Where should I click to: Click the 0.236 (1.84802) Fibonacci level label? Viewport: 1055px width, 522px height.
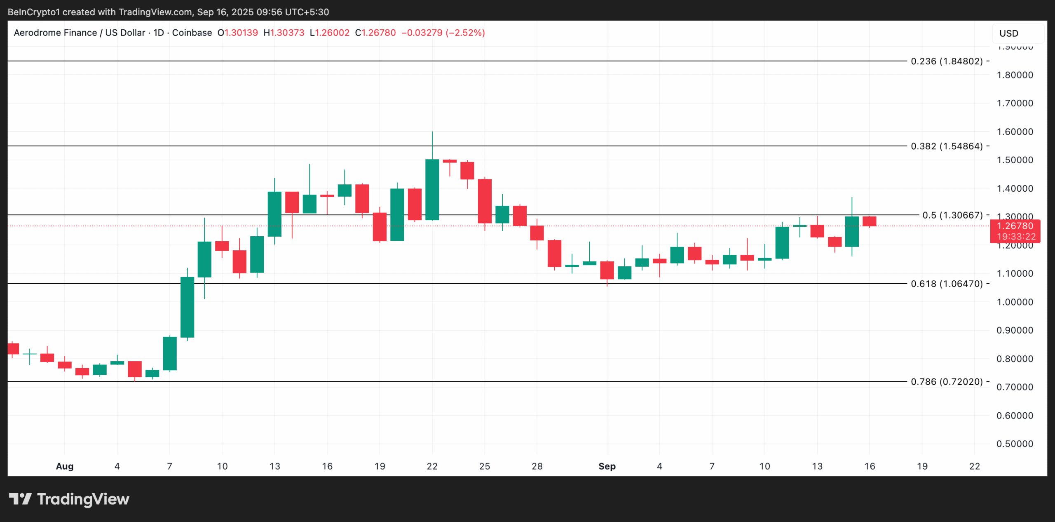(x=947, y=61)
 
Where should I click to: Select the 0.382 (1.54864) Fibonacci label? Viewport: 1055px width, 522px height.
(x=947, y=146)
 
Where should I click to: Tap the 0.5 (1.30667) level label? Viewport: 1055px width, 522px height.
(x=952, y=215)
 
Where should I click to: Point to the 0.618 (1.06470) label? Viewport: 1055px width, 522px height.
(x=947, y=284)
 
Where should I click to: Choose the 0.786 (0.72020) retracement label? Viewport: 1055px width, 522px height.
(x=947, y=382)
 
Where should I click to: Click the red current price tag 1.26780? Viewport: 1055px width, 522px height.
(x=1015, y=226)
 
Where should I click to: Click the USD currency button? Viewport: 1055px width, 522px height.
(x=1008, y=33)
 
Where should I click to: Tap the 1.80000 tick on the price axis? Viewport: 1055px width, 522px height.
(x=1015, y=75)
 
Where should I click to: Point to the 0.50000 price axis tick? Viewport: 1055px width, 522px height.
(x=1015, y=444)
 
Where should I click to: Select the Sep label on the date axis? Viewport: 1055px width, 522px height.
(x=607, y=466)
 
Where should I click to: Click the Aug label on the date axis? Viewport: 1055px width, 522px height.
(x=65, y=466)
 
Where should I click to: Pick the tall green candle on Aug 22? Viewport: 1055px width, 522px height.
(x=432, y=190)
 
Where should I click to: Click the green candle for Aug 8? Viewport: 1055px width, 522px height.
(x=187, y=307)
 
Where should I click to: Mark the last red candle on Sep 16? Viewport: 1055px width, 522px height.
(x=870, y=221)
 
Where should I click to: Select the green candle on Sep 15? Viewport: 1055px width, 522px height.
(x=852, y=232)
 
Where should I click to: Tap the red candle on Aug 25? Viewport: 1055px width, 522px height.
(x=485, y=201)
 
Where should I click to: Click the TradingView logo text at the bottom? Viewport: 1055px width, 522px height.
(x=83, y=499)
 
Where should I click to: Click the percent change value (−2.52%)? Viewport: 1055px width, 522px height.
(x=465, y=33)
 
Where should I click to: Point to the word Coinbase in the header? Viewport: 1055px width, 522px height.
(x=192, y=33)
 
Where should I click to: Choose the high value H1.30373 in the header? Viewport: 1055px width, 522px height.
(x=284, y=33)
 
